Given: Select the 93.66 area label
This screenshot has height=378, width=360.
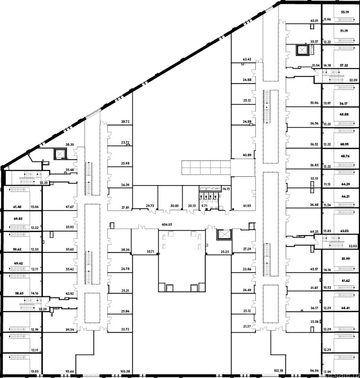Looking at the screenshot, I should tap(70, 371).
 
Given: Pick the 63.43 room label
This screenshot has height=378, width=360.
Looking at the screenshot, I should tap(247, 59).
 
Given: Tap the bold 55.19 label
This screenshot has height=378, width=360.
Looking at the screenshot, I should tap(345, 12).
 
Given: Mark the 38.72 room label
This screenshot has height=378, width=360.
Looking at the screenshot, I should tap(125, 122).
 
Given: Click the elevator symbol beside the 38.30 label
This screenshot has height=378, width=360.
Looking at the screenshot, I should tap(60, 154).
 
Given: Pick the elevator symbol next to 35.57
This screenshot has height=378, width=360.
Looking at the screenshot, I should tap(302, 50).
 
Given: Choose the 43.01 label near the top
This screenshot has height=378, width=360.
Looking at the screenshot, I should tap(314, 20).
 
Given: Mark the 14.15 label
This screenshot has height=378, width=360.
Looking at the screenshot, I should tap(226, 189).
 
